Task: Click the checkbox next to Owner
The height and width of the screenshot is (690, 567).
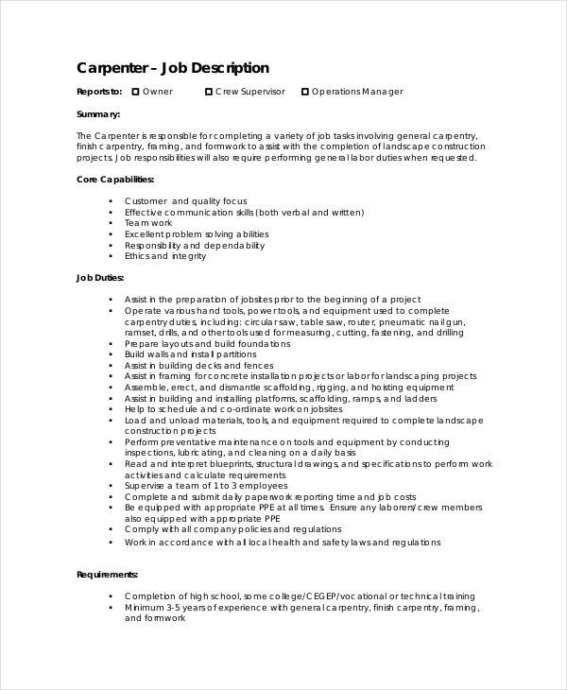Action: tap(135, 92)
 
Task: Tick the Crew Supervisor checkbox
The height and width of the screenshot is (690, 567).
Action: tap(208, 92)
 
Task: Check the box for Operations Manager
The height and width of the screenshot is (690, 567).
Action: tap(304, 92)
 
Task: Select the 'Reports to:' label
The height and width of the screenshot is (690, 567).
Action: tap(99, 92)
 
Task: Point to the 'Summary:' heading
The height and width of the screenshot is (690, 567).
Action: tap(97, 114)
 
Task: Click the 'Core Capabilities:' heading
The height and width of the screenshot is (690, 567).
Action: tap(114, 179)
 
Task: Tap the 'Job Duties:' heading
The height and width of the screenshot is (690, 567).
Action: tap(99, 278)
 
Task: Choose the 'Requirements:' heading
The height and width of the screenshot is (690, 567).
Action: tap(107, 574)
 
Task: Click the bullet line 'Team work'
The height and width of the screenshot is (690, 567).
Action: tap(148, 223)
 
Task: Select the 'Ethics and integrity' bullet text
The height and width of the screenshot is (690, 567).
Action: tap(165, 256)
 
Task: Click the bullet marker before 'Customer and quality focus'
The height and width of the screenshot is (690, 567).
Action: tap(111, 201)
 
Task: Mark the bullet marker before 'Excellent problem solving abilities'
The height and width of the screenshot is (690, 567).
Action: tap(111, 234)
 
